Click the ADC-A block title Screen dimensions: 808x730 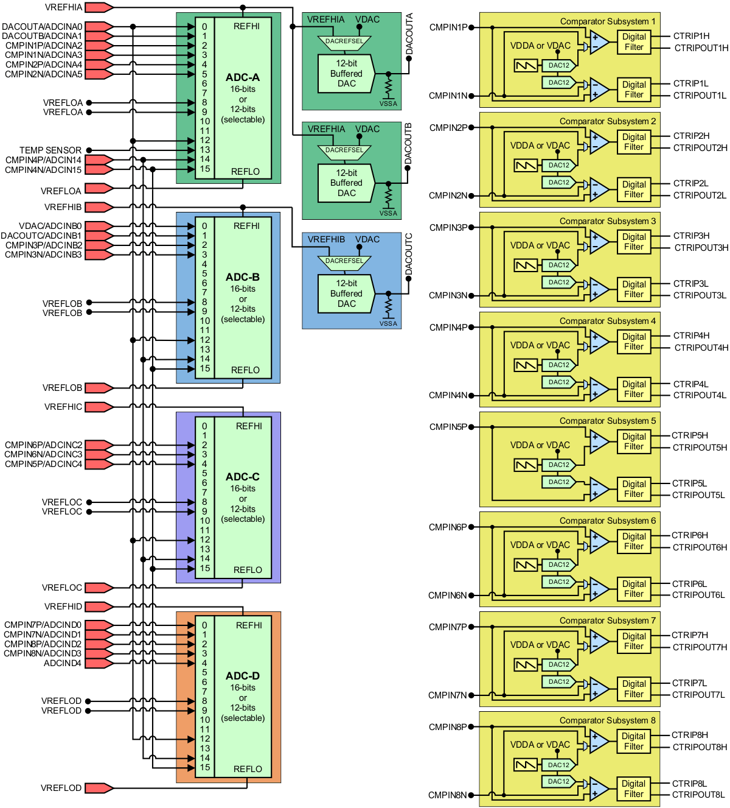pos(242,77)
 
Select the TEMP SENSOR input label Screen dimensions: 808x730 pos(50,150)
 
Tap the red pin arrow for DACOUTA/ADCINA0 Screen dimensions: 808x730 pos(99,27)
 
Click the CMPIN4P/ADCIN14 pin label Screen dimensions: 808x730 pos(43,160)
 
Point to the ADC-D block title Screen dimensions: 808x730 pos(242,676)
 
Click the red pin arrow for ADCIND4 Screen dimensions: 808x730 pos(99,663)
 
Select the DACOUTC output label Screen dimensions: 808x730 pos(409,253)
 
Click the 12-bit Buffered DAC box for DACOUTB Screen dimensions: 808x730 pos(346,183)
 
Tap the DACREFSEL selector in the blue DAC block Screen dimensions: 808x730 pos(344,261)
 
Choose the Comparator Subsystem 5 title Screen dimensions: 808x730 pos(607,421)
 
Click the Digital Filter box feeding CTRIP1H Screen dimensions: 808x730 pos(633,42)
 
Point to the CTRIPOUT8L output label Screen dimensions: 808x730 pos(698,795)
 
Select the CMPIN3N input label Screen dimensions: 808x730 pos(448,295)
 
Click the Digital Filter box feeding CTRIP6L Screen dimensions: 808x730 pos(633,589)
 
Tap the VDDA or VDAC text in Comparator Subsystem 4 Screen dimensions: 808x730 pos(540,345)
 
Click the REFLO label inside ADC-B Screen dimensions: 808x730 pos(245,370)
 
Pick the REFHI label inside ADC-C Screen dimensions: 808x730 pos(249,426)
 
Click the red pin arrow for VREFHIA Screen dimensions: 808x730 pos(99,7)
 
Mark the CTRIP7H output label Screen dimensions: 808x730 pos(690,635)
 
